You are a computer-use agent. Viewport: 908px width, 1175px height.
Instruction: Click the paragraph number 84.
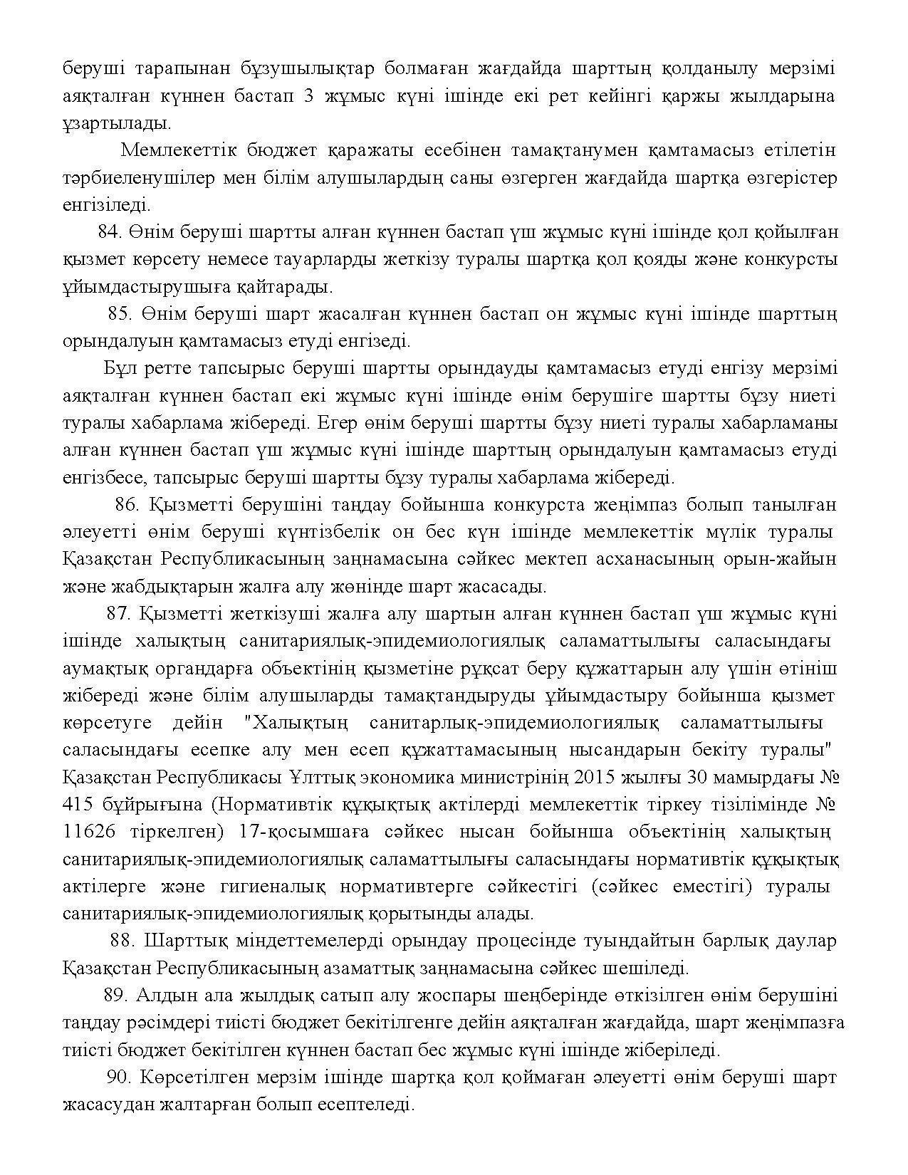click(110, 232)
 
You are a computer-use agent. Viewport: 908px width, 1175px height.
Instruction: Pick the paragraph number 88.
click(123, 941)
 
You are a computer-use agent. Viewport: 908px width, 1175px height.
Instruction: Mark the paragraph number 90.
click(120, 1077)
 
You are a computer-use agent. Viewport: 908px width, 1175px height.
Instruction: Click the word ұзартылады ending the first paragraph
click(117, 123)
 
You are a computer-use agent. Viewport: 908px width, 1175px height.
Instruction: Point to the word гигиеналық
click(273, 887)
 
